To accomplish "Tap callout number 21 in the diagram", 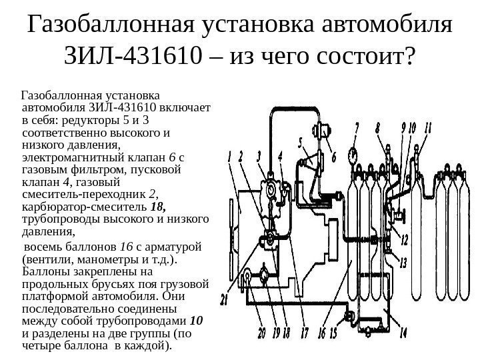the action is click(225, 301).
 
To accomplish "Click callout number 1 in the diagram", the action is click(231, 158).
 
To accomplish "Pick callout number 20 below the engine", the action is click(261, 331).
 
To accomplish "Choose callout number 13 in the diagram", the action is click(403, 263).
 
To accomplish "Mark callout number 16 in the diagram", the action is click(321, 331).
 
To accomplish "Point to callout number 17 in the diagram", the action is click(305, 331).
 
